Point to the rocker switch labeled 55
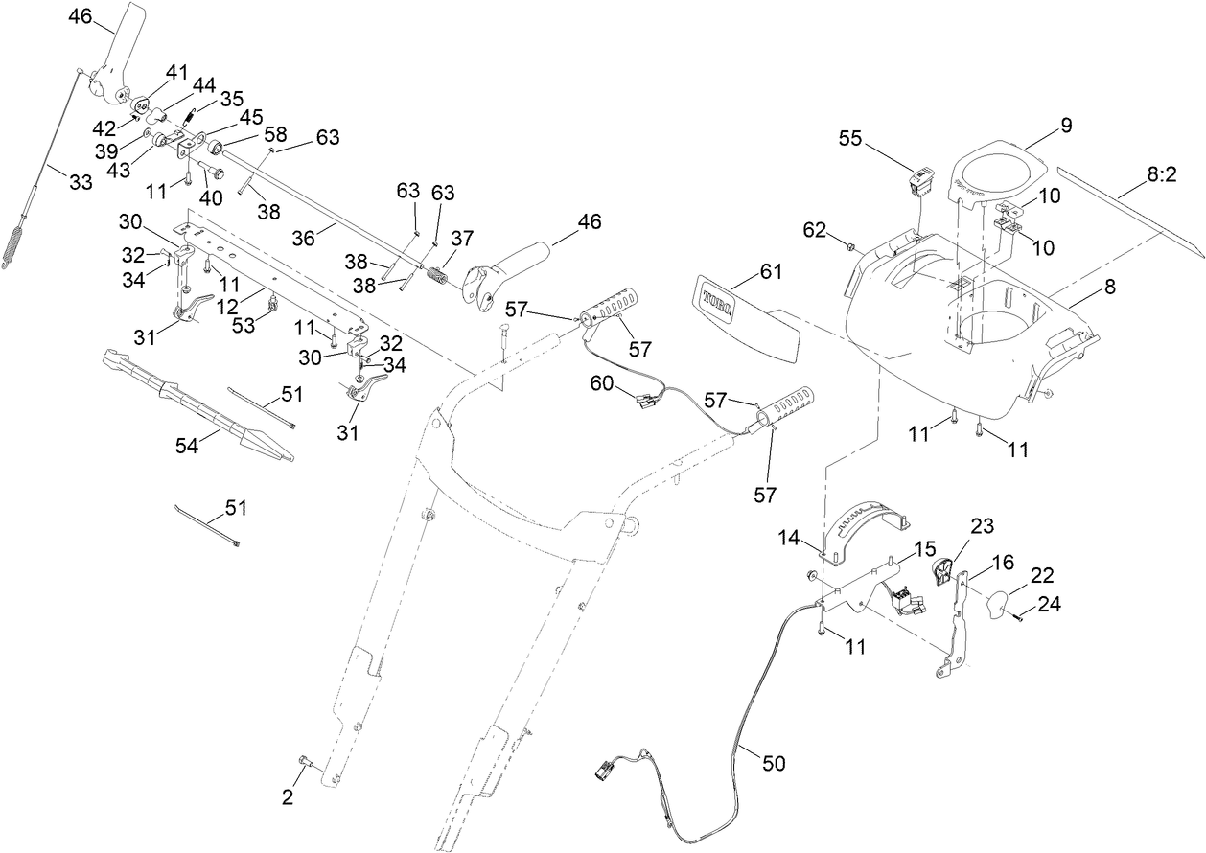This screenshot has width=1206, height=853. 919,179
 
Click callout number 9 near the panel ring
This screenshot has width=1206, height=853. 1065,125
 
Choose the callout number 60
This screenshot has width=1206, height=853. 601,382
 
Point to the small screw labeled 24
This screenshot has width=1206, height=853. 1018,618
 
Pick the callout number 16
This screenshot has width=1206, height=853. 1001,562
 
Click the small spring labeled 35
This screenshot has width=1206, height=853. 190,118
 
